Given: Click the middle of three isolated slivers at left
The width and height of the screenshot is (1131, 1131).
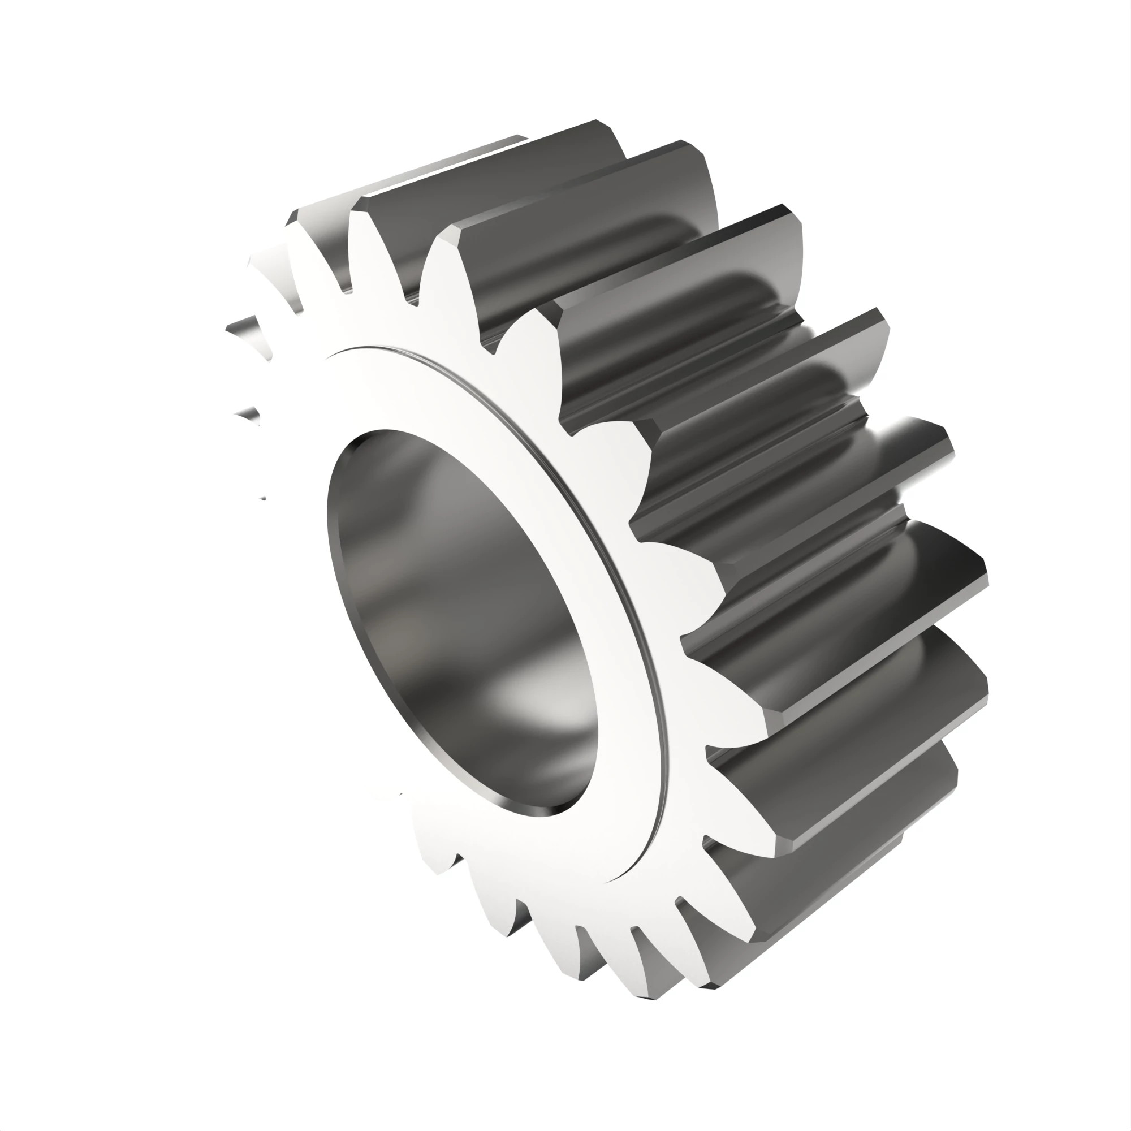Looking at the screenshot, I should [249, 416].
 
